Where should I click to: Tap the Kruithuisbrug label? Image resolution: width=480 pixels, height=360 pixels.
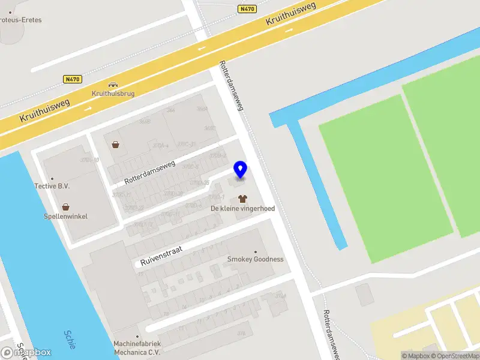[x=113, y=94]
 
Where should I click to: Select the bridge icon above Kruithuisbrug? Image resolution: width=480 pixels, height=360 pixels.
[x=112, y=84]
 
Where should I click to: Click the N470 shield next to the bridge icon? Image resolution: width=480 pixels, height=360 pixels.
[x=73, y=79]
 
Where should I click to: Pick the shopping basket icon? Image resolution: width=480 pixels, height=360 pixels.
[x=115, y=144]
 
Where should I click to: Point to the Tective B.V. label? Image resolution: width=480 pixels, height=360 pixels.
[x=52, y=186]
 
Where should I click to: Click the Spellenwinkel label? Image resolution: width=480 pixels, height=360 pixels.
[x=66, y=216]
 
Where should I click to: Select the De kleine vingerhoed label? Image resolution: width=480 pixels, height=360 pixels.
[x=242, y=208]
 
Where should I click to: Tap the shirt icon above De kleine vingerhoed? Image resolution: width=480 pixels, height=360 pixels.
[x=242, y=197]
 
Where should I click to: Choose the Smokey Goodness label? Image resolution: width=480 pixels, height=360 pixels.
[x=255, y=259]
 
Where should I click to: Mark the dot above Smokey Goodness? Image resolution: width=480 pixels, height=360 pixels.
[x=256, y=251]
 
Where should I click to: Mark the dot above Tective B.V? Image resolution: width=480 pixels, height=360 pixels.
[x=52, y=178]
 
